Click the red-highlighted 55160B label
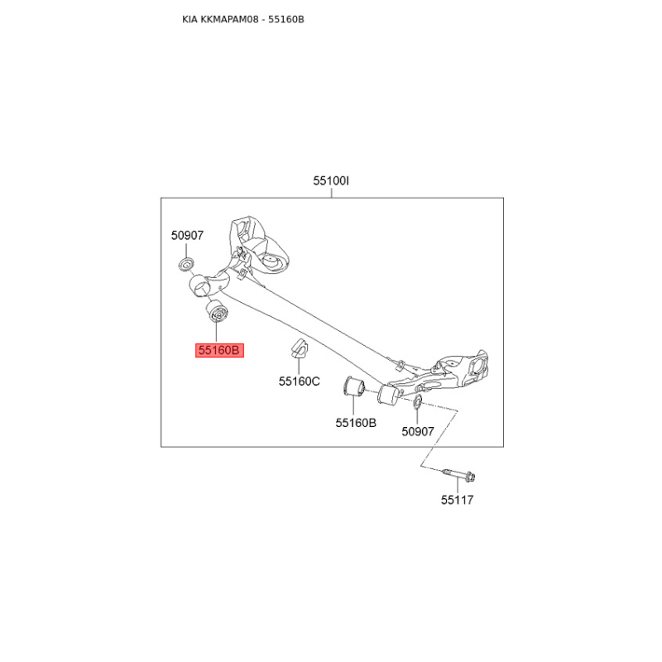(x=219, y=350)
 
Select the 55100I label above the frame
(x=331, y=180)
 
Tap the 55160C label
(x=299, y=381)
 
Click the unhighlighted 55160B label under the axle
(x=356, y=422)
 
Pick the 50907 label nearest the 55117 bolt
(x=418, y=431)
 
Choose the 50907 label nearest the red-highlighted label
(x=187, y=235)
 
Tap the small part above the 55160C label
(x=297, y=349)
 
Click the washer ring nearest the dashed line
(x=417, y=401)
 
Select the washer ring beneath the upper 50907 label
(x=187, y=264)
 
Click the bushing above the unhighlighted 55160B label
(x=354, y=386)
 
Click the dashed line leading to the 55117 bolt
(x=439, y=439)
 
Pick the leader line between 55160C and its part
(x=299, y=367)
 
